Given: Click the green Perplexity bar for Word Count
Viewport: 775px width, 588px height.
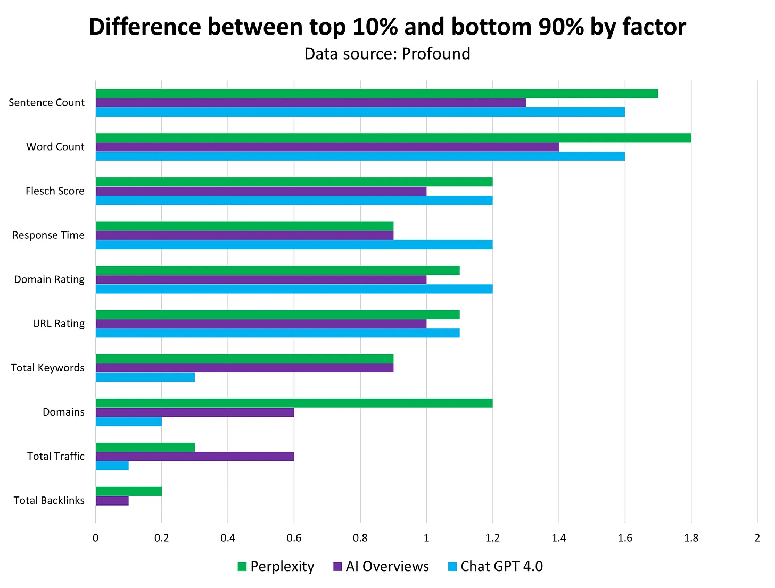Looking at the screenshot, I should click(393, 138).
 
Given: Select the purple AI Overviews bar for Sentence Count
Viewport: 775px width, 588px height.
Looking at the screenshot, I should click(310, 103).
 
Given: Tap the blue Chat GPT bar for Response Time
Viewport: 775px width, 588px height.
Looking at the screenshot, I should click(294, 245).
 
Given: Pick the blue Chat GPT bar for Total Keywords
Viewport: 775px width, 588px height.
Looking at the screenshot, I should click(145, 377).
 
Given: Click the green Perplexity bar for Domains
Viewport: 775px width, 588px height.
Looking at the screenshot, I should click(294, 403).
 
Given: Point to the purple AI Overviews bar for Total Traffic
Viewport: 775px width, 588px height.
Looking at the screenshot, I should click(195, 456).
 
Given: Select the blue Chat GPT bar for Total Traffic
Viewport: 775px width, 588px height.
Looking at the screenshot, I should click(112, 466).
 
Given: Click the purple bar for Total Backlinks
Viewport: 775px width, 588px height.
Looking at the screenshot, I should click(112, 501).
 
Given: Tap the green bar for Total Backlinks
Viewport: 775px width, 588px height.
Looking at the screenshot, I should click(128, 491).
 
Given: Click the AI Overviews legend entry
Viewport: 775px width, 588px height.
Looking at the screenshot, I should click(381, 566).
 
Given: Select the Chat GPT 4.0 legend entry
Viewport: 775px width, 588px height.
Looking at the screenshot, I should click(495, 566).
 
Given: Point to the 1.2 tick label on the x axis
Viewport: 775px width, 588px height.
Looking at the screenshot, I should click(492, 538).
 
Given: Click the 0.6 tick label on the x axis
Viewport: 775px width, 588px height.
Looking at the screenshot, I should click(294, 538).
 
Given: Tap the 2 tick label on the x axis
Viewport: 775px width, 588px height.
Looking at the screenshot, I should click(757, 538).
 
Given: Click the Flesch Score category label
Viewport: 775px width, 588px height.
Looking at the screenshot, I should click(55, 191).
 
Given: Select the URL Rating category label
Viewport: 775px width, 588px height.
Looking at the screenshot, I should click(59, 324).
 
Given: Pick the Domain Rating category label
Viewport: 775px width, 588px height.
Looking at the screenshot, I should click(49, 279).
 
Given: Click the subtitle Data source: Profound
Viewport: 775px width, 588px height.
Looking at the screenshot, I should click(387, 54).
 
